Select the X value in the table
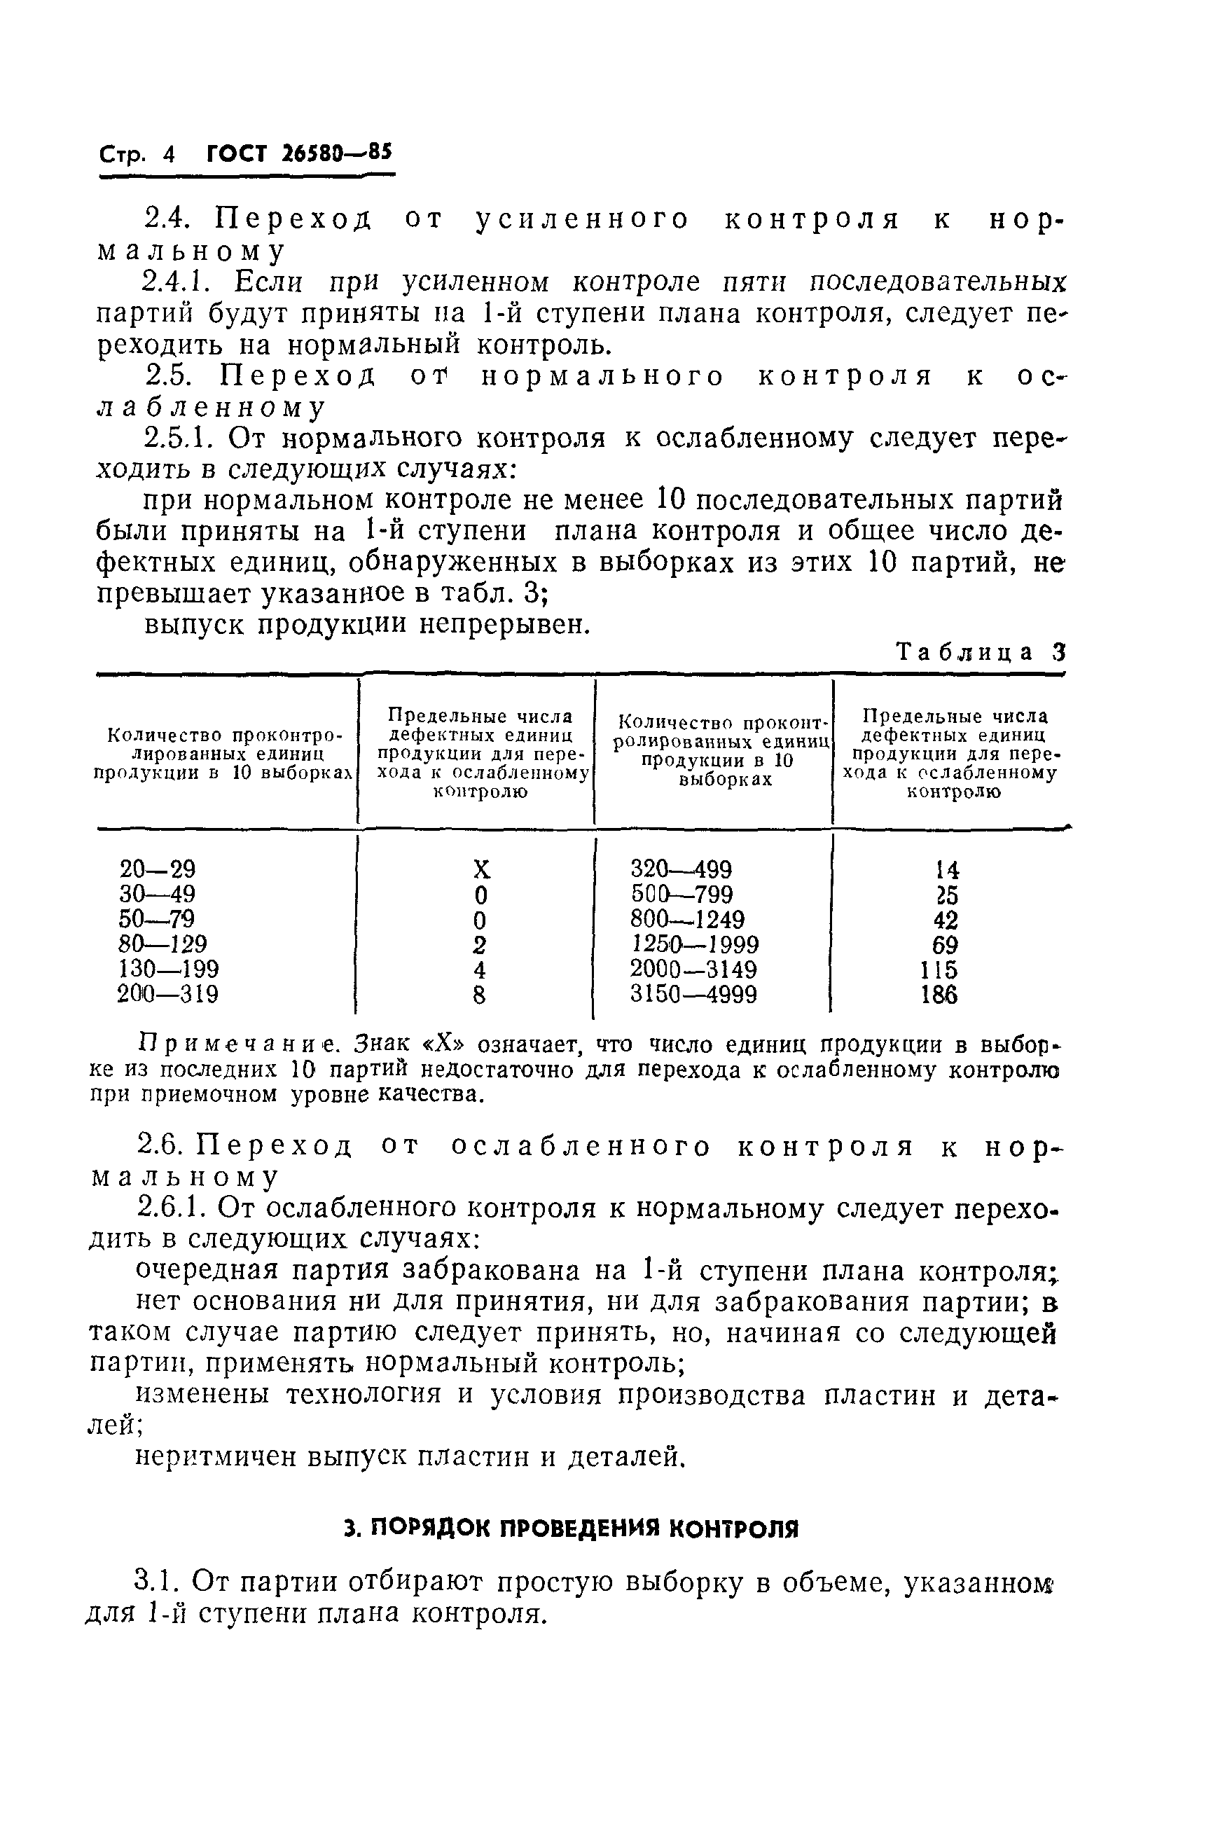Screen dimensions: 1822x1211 coord(480,871)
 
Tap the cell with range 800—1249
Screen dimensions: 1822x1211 coord(686,919)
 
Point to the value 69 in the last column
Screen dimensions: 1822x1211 coord(946,944)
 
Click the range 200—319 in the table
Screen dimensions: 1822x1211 coord(167,994)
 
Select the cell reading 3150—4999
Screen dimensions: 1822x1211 coord(693,994)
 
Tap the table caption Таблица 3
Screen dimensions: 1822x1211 coord(980,653)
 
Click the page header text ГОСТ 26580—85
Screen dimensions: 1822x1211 coord(300,153)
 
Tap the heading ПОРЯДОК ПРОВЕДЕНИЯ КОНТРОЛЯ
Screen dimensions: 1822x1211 coord(571,1528)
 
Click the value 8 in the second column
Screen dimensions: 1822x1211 coord(480,995)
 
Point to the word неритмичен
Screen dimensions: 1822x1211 coord(216,1456)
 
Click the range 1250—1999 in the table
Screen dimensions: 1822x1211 coord(694,944)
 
